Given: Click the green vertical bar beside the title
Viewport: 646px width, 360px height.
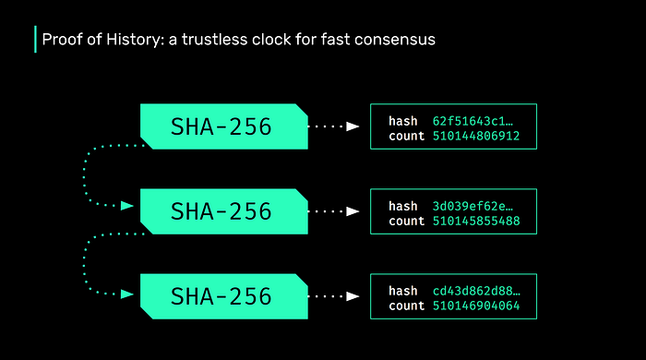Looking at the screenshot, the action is (35, 39).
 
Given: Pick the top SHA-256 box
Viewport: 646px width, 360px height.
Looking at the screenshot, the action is (223, 126).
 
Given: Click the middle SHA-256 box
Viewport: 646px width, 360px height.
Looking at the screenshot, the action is (223, 211).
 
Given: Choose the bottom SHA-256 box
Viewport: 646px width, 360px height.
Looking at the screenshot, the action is (223, 296).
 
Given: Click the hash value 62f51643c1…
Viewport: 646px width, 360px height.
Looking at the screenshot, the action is (473, 121).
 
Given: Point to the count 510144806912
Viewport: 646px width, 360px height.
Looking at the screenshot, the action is (476, 136).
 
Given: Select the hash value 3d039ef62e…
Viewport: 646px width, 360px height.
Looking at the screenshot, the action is (473, 206).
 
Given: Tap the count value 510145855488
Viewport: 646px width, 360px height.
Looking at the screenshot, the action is (476, 221).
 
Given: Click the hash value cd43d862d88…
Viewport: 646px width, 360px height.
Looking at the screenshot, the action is (476, 291).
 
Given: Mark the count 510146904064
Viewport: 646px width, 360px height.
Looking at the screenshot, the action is (476, 306).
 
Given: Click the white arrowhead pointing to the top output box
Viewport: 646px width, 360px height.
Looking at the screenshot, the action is (353, 126).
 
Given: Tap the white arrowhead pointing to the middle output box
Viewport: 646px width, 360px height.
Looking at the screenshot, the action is (353, 211).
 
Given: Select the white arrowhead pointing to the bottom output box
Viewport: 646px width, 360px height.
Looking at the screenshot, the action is (353, 296).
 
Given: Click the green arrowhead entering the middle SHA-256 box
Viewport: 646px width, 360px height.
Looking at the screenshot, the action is (127, 206).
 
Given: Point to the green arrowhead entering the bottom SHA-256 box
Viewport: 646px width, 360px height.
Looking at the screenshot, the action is (127, 294).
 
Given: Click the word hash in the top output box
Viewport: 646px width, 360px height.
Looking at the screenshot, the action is (403, 121).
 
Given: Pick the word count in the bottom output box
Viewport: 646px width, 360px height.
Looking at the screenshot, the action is (407, 306).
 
